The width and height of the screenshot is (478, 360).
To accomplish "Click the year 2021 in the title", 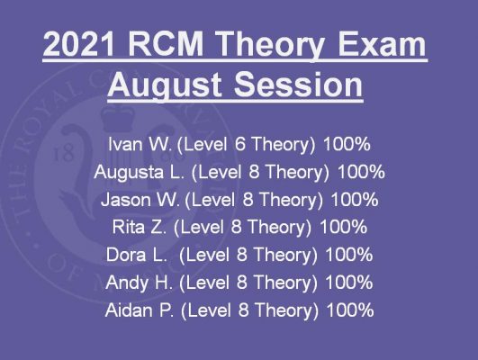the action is click(79, 43).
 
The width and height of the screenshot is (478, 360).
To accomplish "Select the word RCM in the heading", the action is click(166, 43).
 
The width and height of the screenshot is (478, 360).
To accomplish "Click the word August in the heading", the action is click(165, 85).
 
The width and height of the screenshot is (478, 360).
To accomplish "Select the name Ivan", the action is click(125, 144).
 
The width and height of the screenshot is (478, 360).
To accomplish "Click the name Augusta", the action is click(129, 173).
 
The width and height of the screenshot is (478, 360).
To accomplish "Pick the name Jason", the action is click(126, 200).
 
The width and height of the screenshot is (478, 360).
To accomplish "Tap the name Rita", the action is click(129, 227).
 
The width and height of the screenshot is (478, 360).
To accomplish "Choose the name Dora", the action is click(126, 255).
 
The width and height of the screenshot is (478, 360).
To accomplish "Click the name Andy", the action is click(126, 283).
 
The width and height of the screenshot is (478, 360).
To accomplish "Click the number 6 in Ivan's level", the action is click(240, 144).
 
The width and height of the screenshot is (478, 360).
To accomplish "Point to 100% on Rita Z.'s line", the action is click(343, 227).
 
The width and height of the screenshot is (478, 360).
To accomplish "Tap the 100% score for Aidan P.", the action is click(349, 310).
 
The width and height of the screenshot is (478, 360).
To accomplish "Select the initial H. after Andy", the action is click(165, 283).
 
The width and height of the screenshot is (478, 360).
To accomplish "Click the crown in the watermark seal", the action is click(117, 117).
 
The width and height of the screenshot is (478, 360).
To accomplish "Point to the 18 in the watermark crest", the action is click(63, 154).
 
